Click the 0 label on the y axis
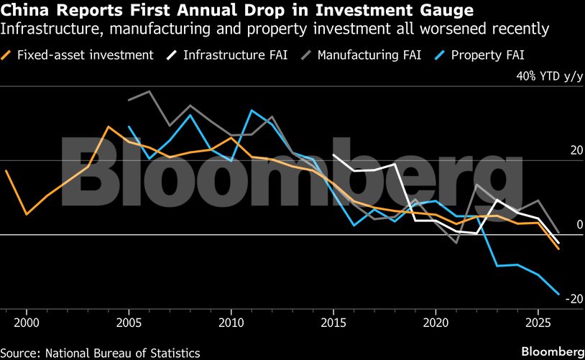point(577,225)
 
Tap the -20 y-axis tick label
point(573,299)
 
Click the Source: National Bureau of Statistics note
point(101,352)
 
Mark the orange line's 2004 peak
point(109,127)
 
